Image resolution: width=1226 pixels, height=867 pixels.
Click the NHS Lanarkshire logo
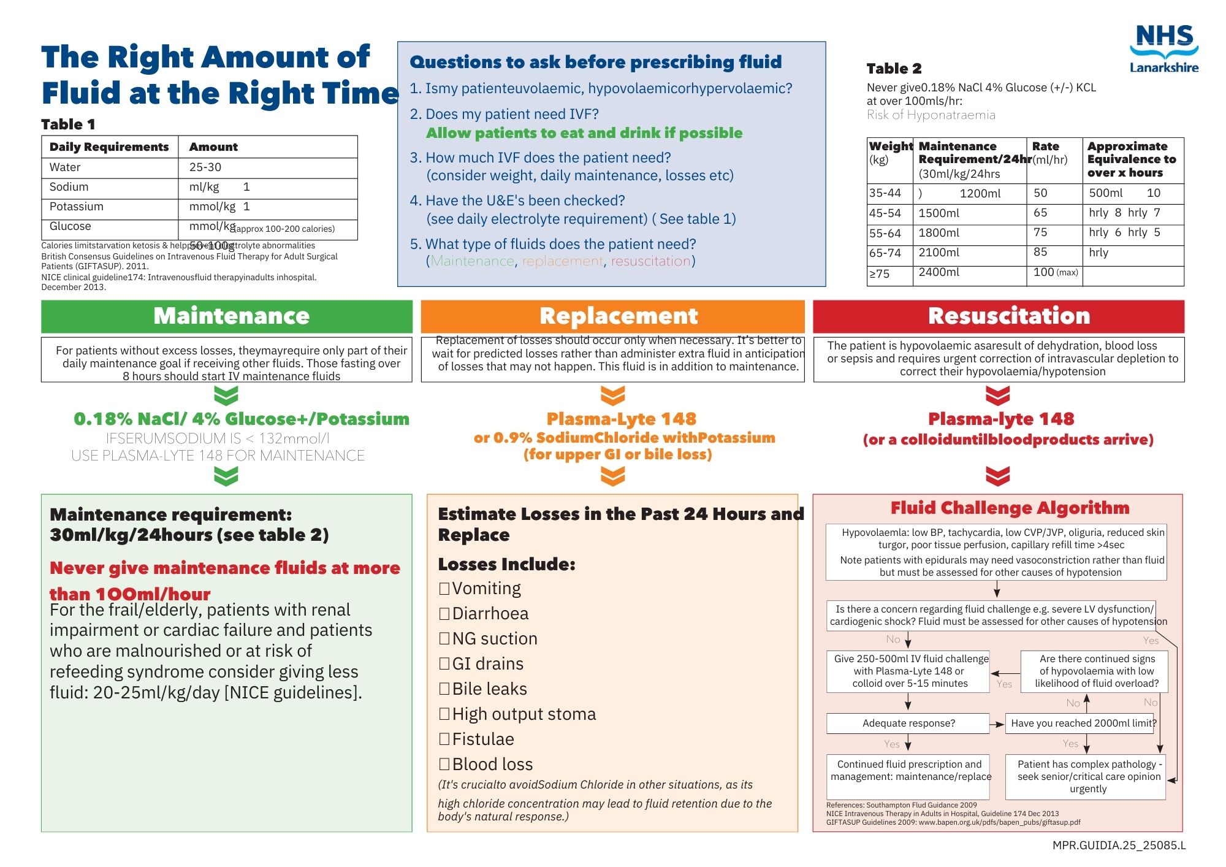1163,49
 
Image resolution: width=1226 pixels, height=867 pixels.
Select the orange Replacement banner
612,316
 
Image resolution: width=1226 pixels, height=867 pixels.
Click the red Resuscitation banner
999,316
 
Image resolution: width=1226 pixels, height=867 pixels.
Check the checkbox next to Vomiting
444,589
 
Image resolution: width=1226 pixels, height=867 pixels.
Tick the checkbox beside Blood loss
444,765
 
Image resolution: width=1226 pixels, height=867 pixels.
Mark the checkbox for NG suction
444,639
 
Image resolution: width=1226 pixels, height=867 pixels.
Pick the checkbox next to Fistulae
444,739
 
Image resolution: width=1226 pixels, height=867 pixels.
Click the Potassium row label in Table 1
77,207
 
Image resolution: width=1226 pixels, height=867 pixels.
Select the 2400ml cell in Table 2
939,272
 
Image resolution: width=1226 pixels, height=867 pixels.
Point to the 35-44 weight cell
885,193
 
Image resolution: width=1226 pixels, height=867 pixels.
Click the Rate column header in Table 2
1045,147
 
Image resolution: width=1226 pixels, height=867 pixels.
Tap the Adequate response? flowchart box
908,724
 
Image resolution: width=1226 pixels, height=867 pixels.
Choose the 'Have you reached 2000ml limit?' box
1083,724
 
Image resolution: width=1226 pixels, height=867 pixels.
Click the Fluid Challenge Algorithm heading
1010,508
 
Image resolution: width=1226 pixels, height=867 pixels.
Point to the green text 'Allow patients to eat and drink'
584,133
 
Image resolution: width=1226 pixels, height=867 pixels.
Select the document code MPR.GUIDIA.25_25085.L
1119,846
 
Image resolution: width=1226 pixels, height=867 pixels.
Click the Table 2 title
894,69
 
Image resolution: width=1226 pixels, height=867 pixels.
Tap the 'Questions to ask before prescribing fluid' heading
595,62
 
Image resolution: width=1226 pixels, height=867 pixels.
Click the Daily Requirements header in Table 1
109,147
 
